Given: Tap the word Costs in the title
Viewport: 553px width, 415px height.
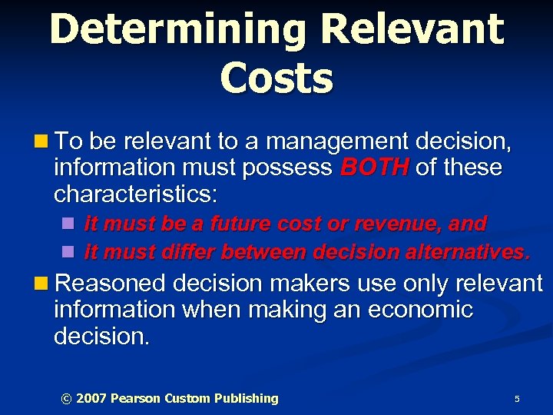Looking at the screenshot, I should (x=276, y=77).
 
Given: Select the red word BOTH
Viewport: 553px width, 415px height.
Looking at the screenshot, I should (x=373, y=168).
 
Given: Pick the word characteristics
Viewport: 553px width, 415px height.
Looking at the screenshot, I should (x=135, y=194).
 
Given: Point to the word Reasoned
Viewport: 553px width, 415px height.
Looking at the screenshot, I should (x=112, y=284).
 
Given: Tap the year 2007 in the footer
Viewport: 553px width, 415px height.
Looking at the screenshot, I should (x=91, y=398).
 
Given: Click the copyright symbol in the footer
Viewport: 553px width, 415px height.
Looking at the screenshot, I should (x=66, y=398).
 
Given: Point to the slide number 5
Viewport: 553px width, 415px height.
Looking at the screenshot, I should (x=517, y=399).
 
